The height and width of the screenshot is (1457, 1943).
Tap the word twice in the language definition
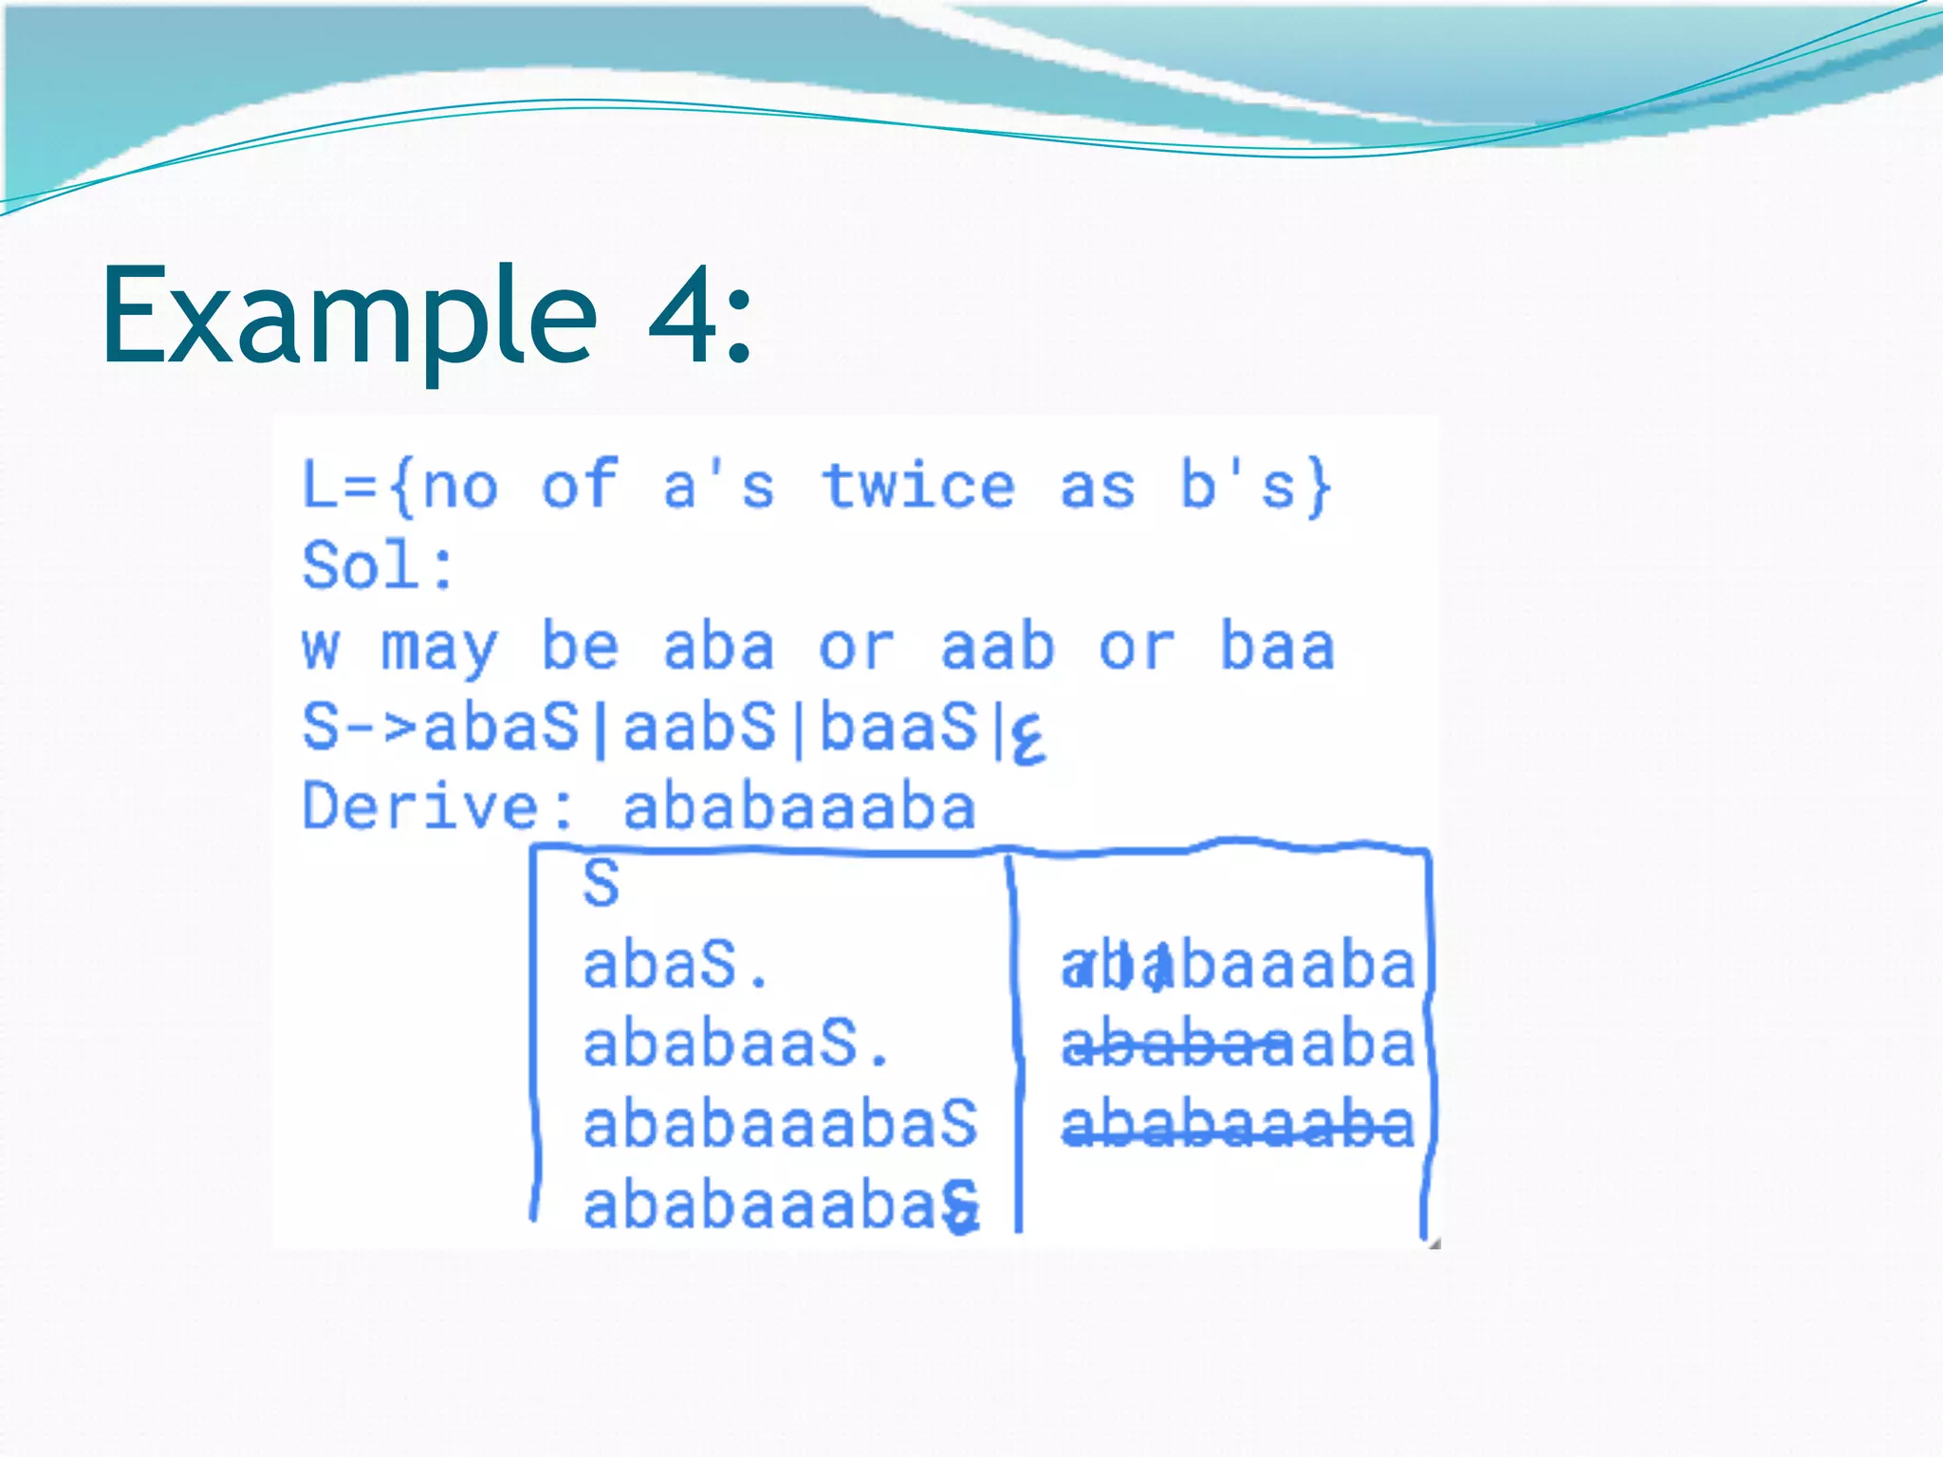point(917,486)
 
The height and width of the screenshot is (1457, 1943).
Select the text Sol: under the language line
point(378,566)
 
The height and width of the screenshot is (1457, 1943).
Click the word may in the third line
point(438,649)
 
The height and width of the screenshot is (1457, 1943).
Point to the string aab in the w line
point(996,647)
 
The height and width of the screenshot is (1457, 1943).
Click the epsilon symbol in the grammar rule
point(1027,738)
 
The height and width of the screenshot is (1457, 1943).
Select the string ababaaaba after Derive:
point(799,807)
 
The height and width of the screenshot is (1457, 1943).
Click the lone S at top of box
point(601,884)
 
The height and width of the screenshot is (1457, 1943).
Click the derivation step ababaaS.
point(735,1044)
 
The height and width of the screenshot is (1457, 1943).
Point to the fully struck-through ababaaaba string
point(1236,1125)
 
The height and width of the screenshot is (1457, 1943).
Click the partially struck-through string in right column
point(1236,1044)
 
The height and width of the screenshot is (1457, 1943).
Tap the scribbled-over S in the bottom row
point(960,1207)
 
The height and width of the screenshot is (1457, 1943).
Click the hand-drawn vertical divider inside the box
point(1015,1043)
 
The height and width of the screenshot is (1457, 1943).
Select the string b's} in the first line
point(1255,486)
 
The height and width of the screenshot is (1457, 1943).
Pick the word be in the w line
point(579,647)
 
